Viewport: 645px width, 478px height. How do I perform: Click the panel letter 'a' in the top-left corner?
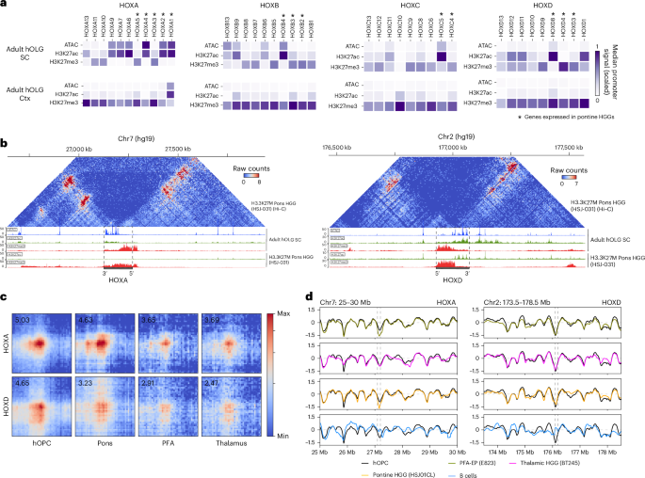(x=5, y=6)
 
